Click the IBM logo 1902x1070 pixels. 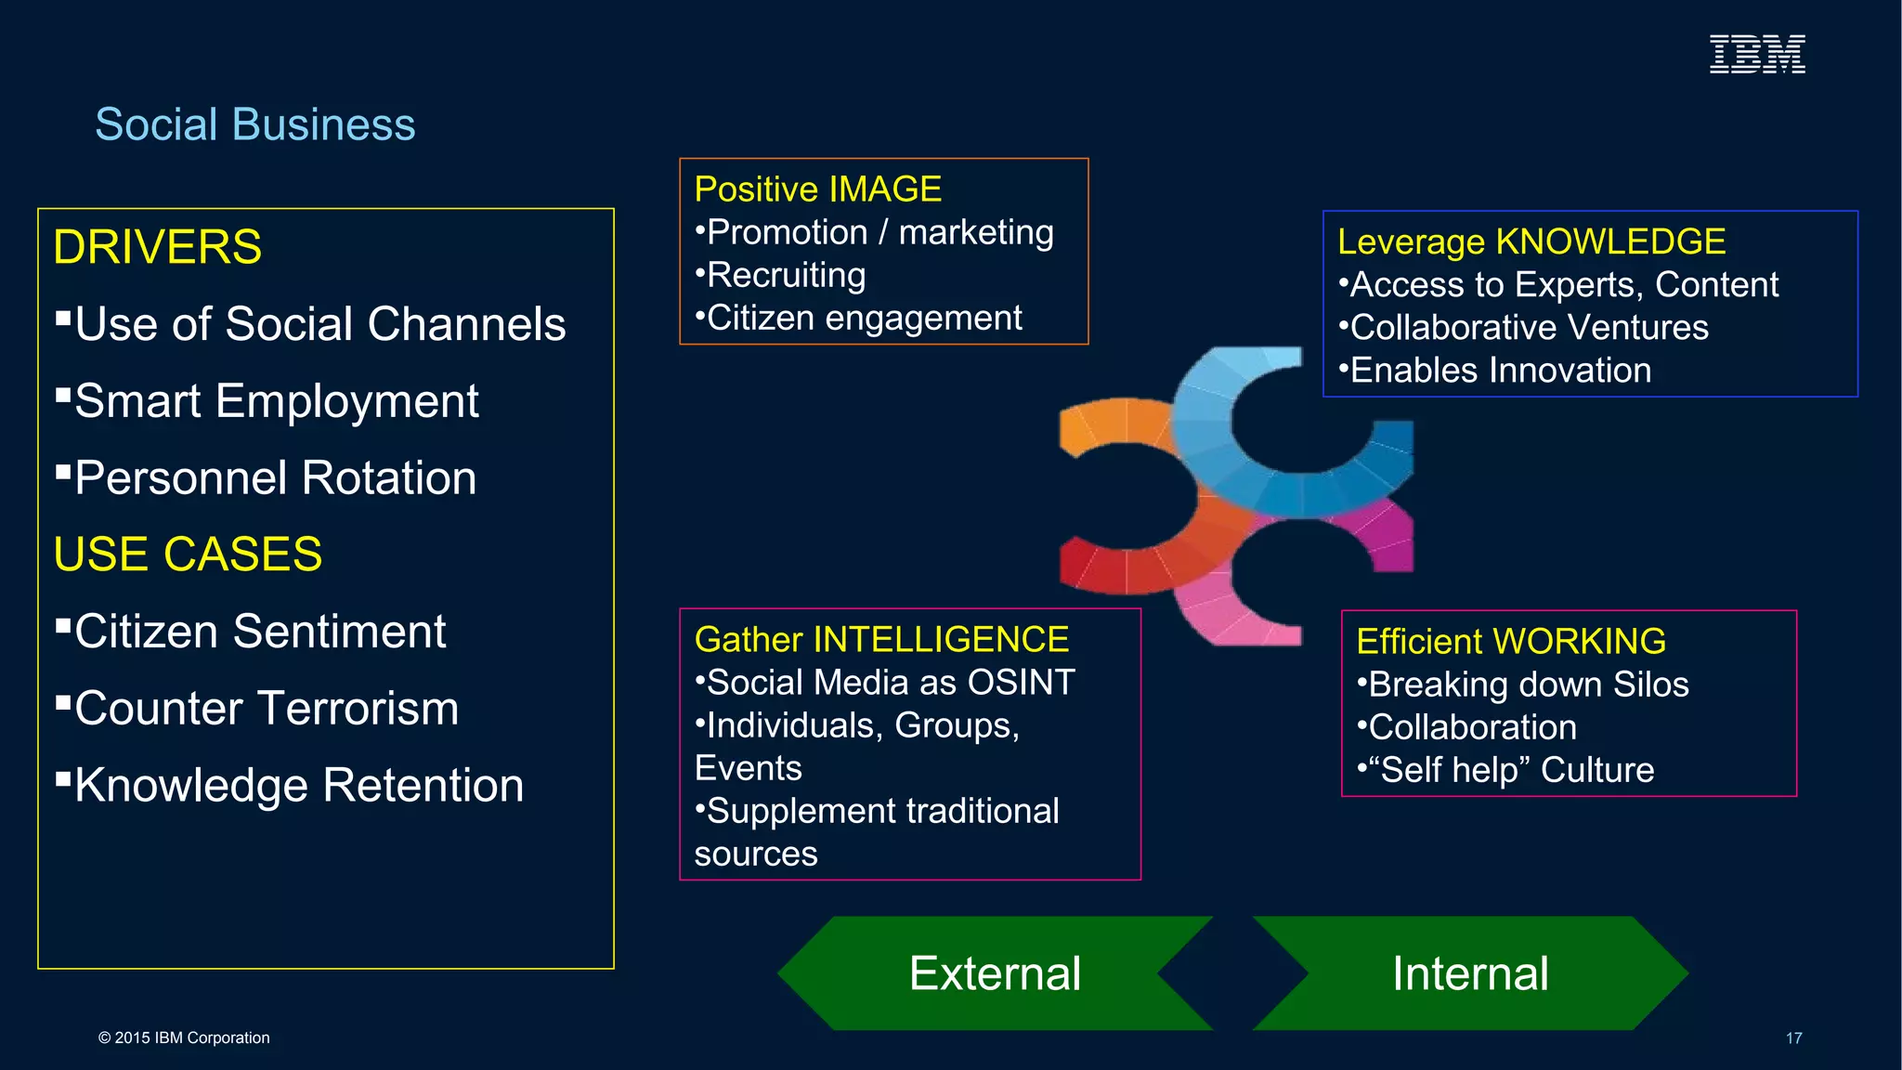1757,54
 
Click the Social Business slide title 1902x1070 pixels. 255,124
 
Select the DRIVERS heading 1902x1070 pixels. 158,247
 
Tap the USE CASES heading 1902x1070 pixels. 188,555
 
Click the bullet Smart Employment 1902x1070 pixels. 276,401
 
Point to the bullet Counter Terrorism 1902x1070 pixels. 266,709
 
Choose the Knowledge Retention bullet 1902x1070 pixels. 298,786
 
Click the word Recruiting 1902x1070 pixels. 786,276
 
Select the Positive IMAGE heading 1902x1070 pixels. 817,189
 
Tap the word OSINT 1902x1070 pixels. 1021,683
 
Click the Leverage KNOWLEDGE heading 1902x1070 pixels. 1531,241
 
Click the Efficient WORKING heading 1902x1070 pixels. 1510,642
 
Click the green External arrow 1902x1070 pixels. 995,973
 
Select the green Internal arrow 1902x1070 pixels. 1470,973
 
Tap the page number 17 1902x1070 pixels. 1793,1038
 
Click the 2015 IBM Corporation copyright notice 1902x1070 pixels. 184,1038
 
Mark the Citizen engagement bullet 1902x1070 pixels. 864,319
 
